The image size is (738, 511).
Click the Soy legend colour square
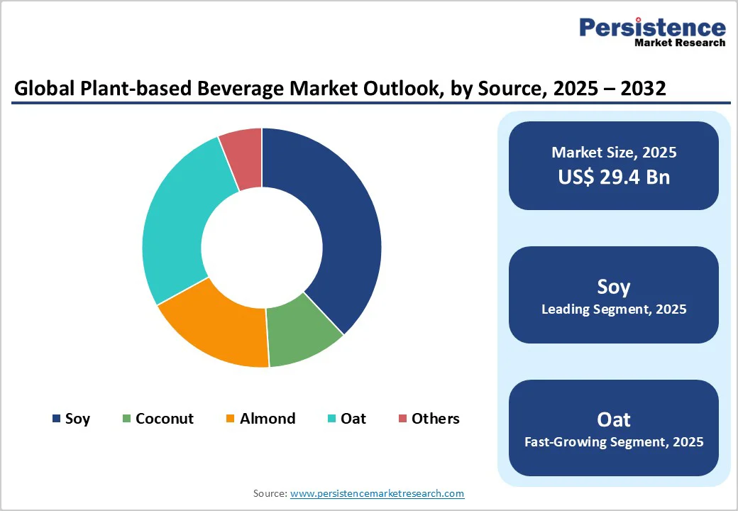coord(56,419)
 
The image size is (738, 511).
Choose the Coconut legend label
coord(164,419)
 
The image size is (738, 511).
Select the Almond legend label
coord(267,419)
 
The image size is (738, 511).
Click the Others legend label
coord(435,419)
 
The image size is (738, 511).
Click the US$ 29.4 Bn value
coord(614,177)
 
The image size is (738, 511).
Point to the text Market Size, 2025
coord(614,153)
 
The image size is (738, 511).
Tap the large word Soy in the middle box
coord(614,287)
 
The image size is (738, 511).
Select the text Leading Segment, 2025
coord(614,309)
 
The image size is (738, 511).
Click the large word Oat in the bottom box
coord(614,419)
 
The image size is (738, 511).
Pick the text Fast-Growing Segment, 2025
coord(614,442)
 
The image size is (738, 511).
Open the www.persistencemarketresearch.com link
coord(377,493)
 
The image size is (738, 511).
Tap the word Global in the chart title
coord(40,89)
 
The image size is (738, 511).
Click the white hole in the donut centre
coord(262,248)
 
